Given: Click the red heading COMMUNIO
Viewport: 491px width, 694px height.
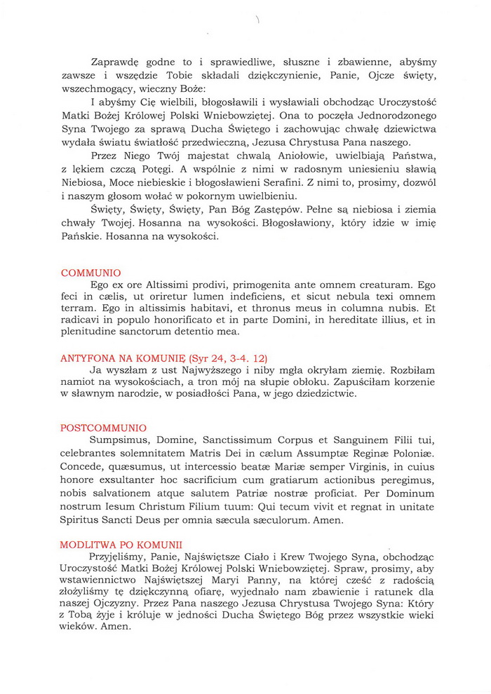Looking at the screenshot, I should coord(91,273).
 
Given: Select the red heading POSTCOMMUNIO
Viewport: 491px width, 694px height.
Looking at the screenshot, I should coord(104,428).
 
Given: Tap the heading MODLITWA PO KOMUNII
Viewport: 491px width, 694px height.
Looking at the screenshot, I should coord(121,543).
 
